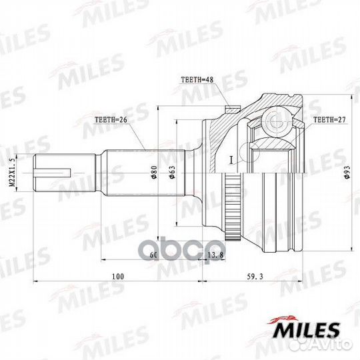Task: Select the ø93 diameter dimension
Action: click(x=347, y=174)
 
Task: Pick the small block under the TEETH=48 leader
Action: click(x=231, y=108)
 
